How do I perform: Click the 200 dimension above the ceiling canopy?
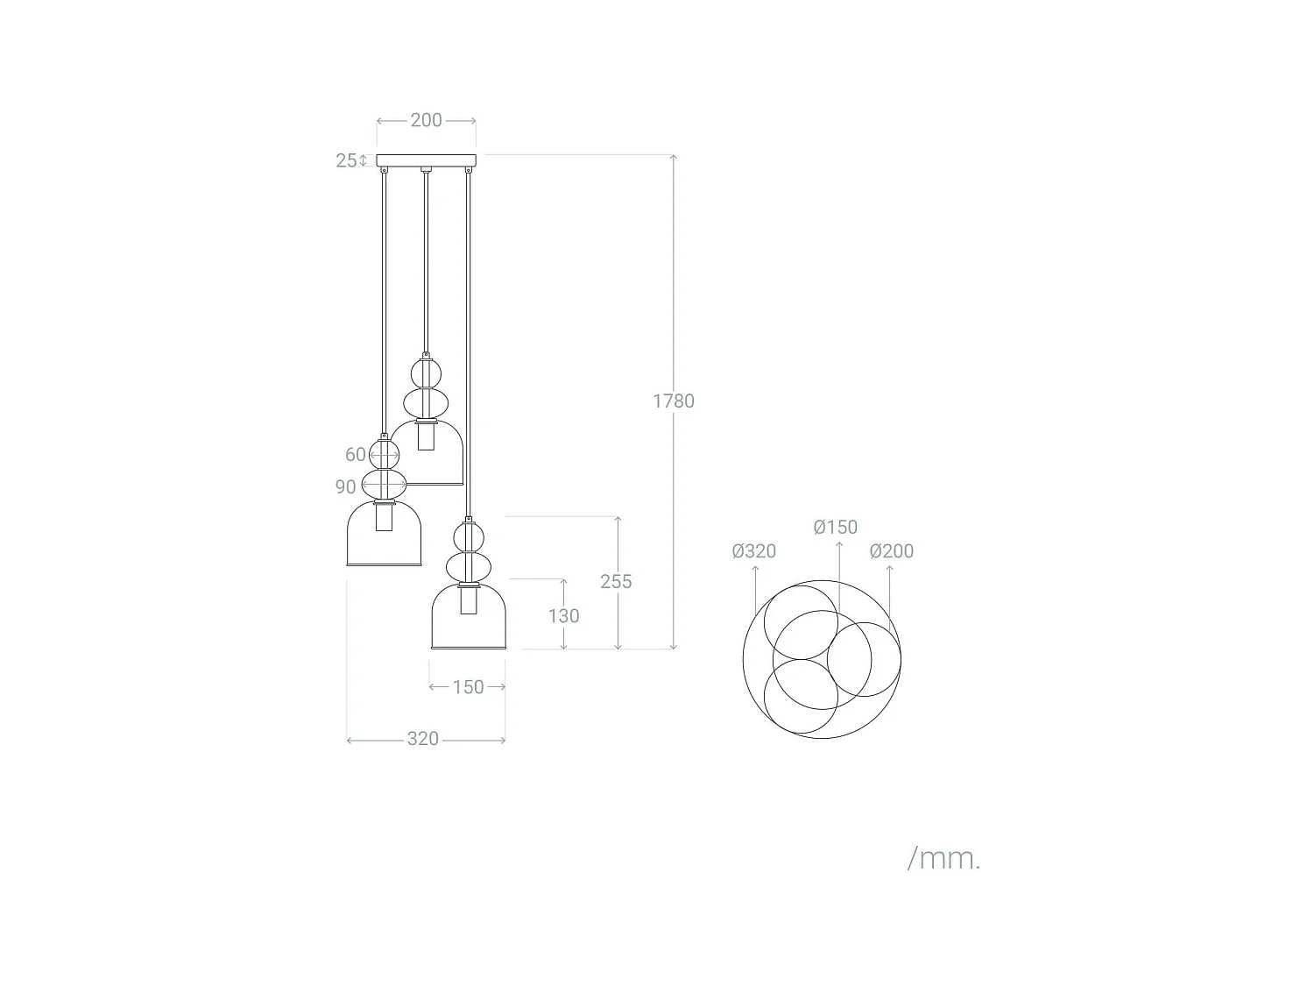426,120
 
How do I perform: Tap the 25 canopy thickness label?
346,160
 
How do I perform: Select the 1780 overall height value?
673,401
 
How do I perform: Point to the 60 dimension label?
355,454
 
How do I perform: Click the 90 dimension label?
345,486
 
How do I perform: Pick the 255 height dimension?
616,581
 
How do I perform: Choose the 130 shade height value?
563,616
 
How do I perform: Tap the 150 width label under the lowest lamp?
468,687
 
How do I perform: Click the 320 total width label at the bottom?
422,740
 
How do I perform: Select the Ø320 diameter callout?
753,551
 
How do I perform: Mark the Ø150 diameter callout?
835,527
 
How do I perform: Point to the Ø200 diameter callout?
891,551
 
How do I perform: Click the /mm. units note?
943,859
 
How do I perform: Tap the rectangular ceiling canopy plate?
427,160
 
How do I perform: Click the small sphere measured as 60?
384,454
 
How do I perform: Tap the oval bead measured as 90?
384,484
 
